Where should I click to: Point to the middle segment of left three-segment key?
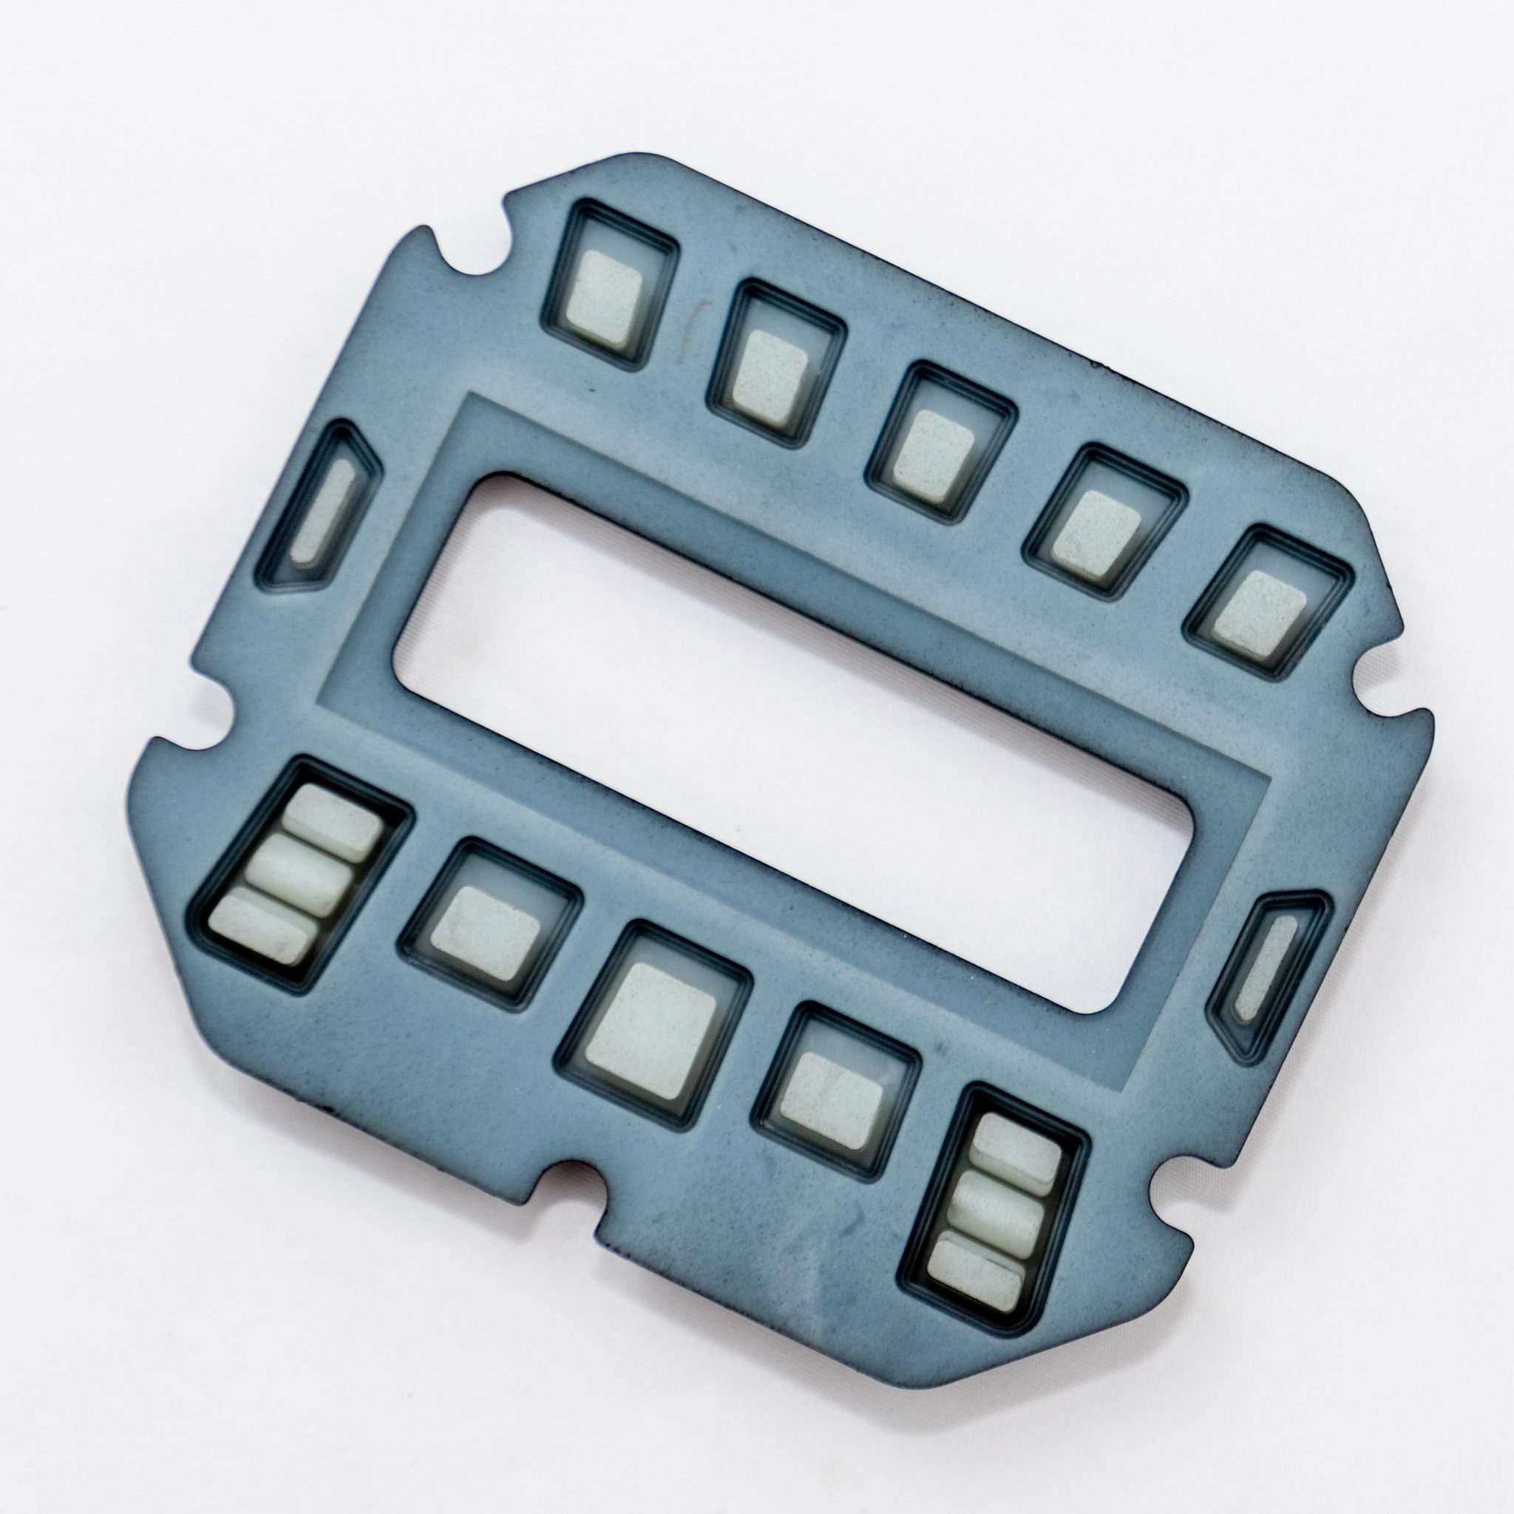[302, 870]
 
